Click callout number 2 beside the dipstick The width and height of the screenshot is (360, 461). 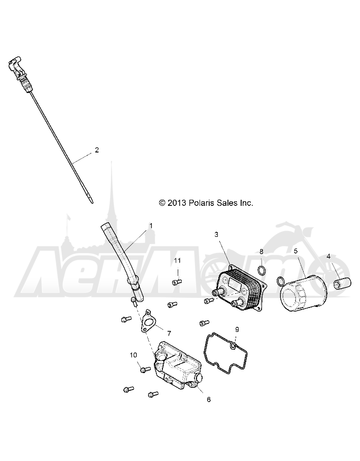(x=97, y=150)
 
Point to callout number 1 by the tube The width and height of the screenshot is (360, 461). (x=151, y=226)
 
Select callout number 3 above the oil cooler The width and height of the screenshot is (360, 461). (x=216, y=235)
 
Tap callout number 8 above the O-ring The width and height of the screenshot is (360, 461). (x=261, y=252)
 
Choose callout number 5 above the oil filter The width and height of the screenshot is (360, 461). (x=296, y=251)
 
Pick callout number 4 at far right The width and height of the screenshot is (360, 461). (x=329, y=256)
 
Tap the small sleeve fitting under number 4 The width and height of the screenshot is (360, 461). (x=343, y=284)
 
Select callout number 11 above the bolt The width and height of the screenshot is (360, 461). (x=177, y=261)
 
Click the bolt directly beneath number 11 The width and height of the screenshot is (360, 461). (x=177, y=282)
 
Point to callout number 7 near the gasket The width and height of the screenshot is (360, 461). (x=169, y=333)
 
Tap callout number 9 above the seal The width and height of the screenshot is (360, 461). (x=237, y=329)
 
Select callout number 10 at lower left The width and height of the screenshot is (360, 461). (x=134, y=355)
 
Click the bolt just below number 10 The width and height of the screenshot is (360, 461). (x=144, y=370)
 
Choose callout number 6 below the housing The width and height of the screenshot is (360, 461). (x=209, y=399)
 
